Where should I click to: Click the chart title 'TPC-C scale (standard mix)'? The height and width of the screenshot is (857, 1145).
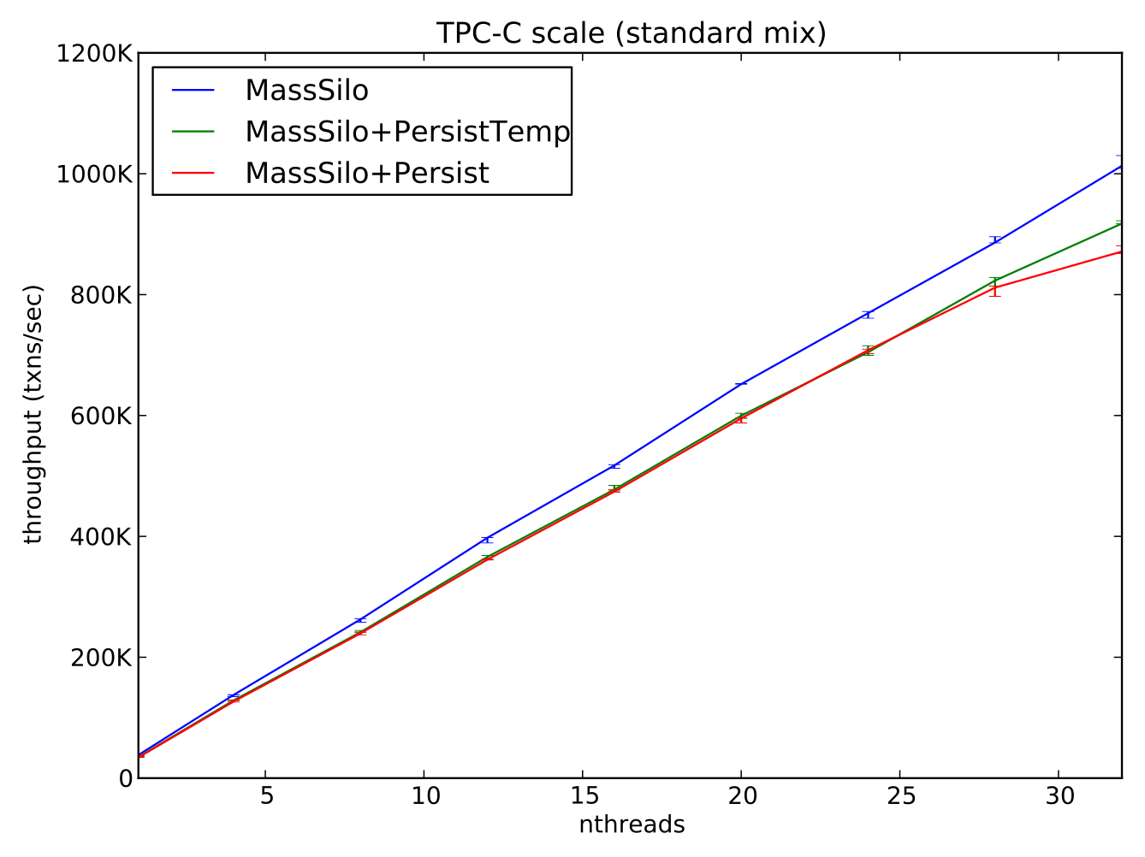coord(631,33)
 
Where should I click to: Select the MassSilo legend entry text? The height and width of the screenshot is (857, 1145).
coord(306,90)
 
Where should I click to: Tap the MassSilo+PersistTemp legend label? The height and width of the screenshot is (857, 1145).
coord(407,131)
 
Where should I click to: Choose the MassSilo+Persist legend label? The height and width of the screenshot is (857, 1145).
coord(366,173)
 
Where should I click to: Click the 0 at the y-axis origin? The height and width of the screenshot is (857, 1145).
coord(126,779)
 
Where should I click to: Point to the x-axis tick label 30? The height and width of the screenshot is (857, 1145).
coord(1059,796)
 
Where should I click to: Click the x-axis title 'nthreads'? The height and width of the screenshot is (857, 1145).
coord(631,824)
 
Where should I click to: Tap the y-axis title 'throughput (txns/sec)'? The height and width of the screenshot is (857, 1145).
coord(33,415)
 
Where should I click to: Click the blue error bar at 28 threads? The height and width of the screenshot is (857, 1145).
coord(994,240)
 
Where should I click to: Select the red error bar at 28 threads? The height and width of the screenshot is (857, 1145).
coord(994,290)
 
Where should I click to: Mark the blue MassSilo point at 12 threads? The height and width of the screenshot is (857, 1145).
coord(487,540)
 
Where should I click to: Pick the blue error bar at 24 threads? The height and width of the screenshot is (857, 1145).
coord(868,315)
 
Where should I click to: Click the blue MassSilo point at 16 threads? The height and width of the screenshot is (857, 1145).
coord(614,466)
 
